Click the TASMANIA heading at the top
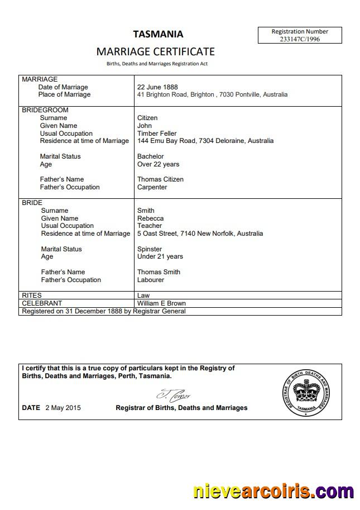coord(158,34)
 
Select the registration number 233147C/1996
coord(300,39)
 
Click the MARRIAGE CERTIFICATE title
coord(156,51)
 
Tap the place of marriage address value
coord(212,95)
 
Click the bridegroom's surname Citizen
coord(147,118)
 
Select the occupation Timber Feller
coord(157,134)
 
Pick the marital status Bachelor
coord(151,156)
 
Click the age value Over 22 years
coord(158,164)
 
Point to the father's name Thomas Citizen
coord(160,179)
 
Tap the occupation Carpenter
coord(152,187)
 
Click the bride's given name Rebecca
coord(151,218)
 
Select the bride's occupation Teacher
coord(149,226)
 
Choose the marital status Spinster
coord(150,249)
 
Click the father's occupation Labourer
coord(151,280)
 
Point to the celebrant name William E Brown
coord(161,303)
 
